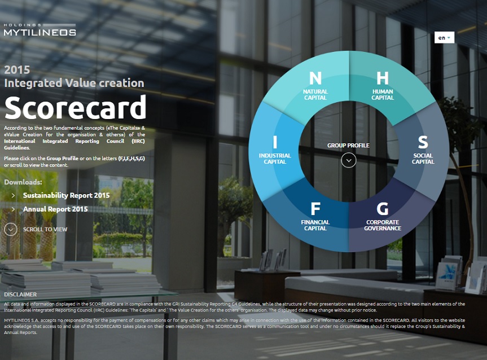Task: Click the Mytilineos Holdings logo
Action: click(40, 29)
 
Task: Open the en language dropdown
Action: click(444, 38)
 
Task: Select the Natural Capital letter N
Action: click(315, 78)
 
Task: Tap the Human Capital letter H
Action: click(383, 78)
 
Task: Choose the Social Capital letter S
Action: click(423, 142)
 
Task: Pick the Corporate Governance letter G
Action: click(383, 209)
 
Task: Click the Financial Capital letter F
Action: click(315, 209)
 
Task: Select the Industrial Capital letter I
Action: click(275, 142)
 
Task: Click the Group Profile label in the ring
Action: click(348, 146)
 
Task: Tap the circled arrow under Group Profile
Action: click(349, 160)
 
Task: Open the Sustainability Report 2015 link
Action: click(66, 195)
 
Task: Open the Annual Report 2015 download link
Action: click(55, 209)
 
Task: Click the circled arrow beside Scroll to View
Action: click(11, 229)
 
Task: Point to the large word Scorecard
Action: click(75, 107)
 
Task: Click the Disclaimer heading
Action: click(20, 294)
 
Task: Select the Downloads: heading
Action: click(23, 182)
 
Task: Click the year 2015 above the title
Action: click(17, 70)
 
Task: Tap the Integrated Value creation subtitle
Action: click(74, 83)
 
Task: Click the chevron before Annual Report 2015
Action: click(14, 209)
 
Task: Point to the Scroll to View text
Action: click(45, 230)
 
